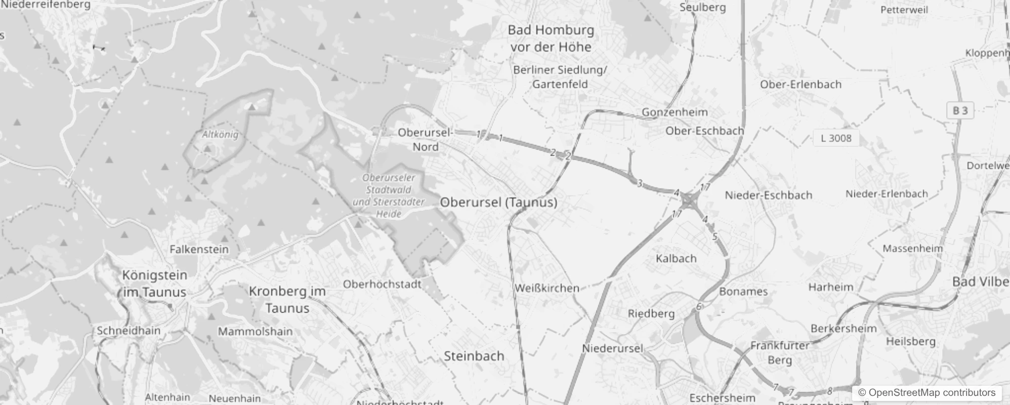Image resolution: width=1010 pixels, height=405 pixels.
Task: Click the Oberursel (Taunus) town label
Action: coord(498,202)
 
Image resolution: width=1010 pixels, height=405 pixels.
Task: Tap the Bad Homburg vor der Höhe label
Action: coord(551,38)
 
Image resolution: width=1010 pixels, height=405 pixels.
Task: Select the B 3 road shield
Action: coord(960,111)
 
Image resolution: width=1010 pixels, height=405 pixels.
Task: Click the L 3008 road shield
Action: coord(836,138)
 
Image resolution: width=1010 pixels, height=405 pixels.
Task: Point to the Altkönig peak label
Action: coord(220,135)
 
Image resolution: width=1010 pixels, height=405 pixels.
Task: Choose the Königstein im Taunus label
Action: coord(155,283)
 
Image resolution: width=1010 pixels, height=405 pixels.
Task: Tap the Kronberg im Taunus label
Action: coord(287,300)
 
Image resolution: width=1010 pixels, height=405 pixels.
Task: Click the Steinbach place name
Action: coord(474,356)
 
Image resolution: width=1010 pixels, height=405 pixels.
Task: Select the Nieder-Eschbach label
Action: coord(768,195)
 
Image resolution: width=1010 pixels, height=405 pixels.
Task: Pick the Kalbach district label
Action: coord(676,259)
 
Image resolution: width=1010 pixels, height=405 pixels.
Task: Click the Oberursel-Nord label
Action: coord(425,140)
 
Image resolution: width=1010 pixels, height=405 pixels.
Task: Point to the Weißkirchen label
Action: coord(546,289)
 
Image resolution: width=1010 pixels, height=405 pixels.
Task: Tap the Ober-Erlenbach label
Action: coord(801,85)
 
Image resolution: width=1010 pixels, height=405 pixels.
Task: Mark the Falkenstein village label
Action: coord(199,250)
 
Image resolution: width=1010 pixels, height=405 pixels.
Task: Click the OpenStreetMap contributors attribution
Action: coord(927,393)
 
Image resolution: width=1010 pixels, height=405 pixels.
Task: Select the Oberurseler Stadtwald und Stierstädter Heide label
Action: coord(389,196)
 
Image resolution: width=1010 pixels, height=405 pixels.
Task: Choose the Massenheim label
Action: coord(913,249)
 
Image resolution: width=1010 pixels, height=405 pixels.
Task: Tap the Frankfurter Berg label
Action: coord(779,353)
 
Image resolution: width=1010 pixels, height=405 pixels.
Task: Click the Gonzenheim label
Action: coord(675,112)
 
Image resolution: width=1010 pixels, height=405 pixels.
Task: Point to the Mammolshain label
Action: coord(255,332)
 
